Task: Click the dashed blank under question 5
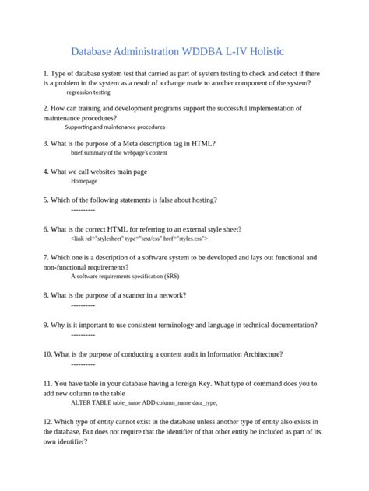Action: (x=83, y=210)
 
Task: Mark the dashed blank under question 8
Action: (x=83, y=305)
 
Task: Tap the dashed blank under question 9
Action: (x=83, y=334)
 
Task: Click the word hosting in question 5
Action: (x=202, y=200)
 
